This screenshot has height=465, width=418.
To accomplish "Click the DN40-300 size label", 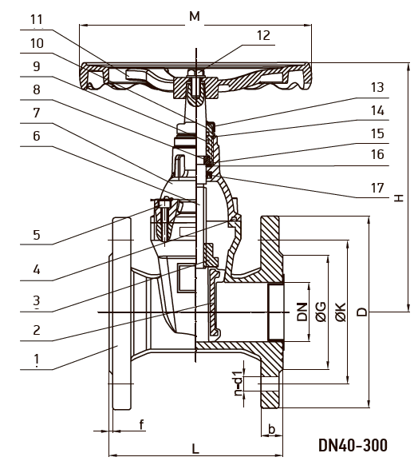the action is click(353, 445).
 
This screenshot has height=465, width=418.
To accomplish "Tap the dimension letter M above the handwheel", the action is click(195, 16).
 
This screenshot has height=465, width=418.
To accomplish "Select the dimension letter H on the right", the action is click(399, 198).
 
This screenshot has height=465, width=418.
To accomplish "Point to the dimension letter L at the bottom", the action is click(195, 449).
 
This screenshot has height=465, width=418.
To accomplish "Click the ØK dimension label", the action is click(341, 312).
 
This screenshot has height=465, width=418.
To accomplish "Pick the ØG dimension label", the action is click(321, 312).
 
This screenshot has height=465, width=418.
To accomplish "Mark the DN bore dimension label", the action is click(302, 312).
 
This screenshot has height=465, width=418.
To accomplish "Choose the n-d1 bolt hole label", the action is click(239, 383).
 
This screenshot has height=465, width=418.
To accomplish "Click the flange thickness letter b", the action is click(271, 428).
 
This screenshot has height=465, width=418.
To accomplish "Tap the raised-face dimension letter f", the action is click(142, 425).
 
